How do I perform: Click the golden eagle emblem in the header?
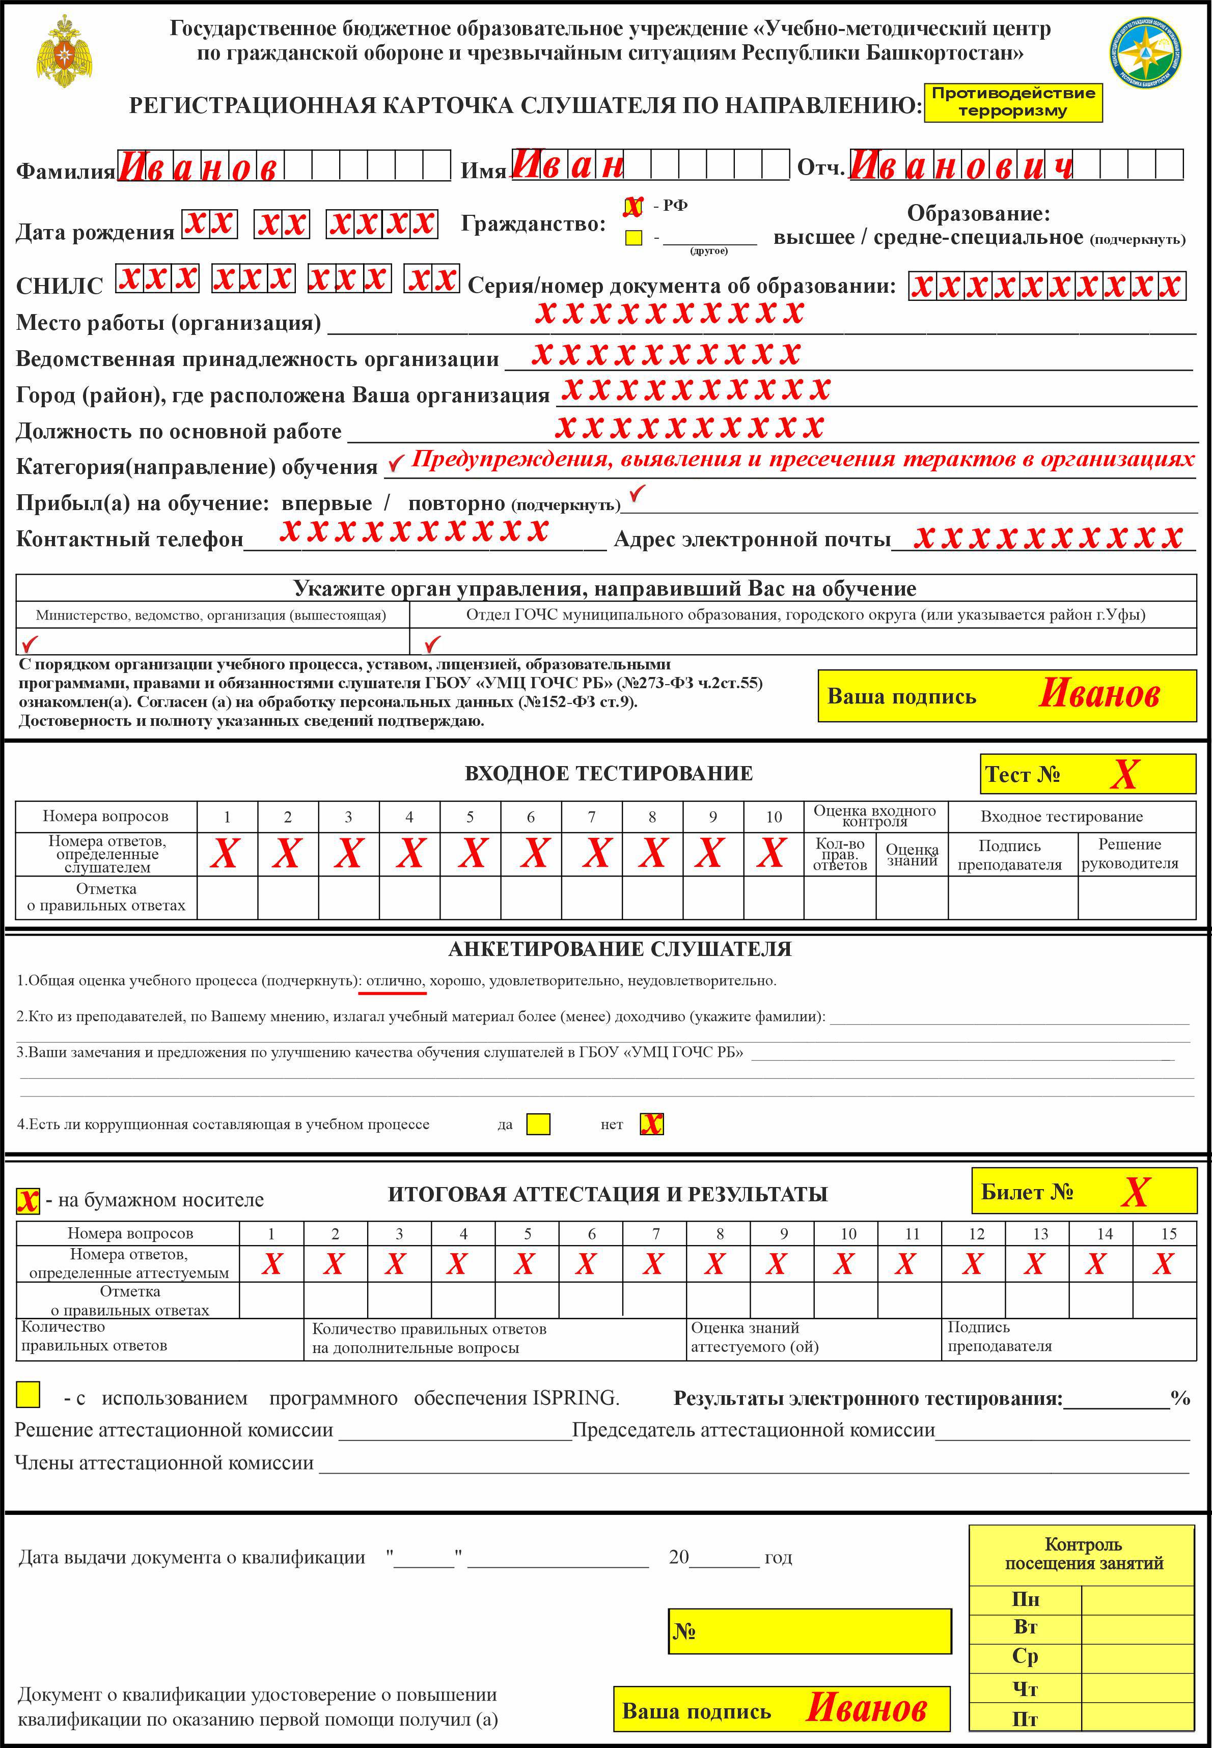coord(65,51)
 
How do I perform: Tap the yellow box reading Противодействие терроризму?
coord(1013,102)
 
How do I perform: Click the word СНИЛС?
coord(59,286)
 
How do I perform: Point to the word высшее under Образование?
coord(813,238)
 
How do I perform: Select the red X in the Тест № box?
coord(1124,774)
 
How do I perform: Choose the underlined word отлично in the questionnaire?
coord(394,980)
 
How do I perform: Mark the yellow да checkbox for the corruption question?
coord(538,1124)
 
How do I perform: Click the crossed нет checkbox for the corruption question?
coord(651,1124)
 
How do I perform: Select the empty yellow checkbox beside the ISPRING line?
coord(28,1394)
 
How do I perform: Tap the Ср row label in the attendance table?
coord(1025,1656)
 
